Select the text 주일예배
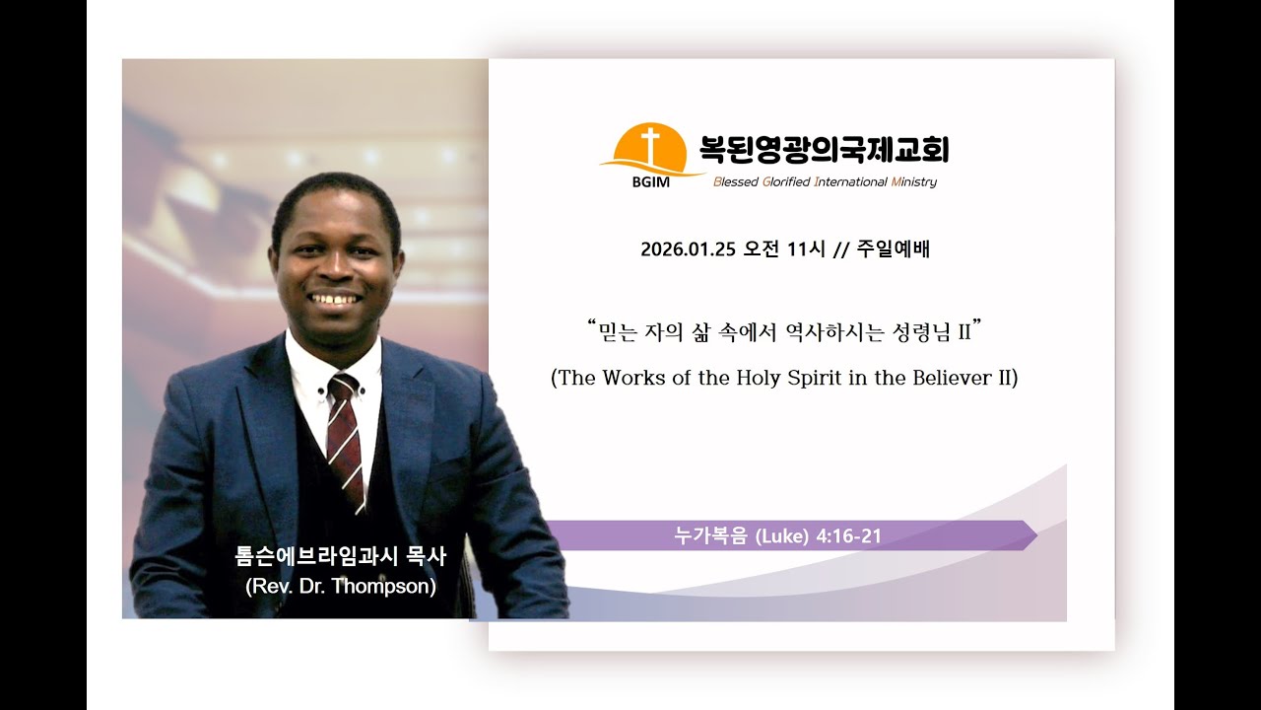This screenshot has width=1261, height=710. [x=893, y=249]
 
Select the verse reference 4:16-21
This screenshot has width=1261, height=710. [x=849, y=536]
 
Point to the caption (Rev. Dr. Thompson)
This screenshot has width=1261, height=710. [x=341, y=586]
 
